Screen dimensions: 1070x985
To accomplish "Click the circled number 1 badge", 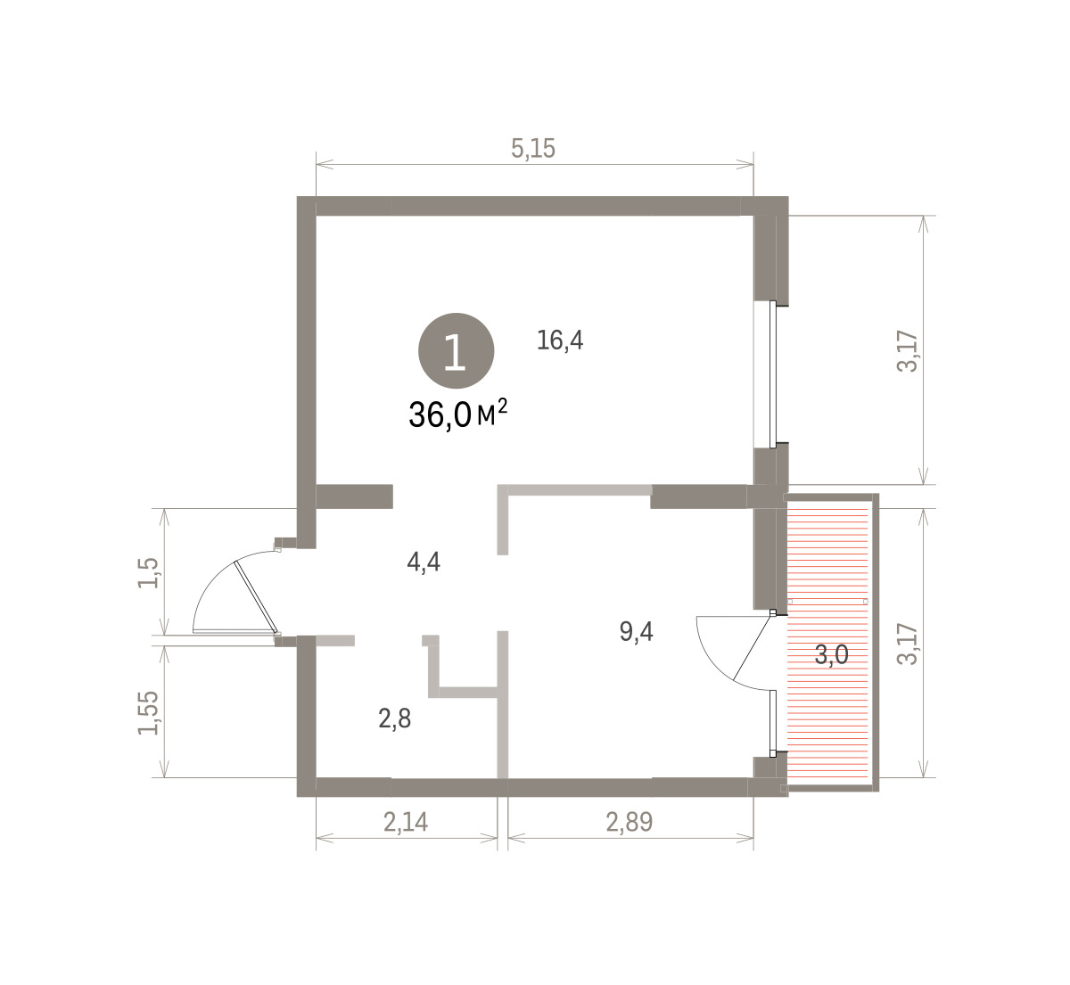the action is click(x=456, y=350).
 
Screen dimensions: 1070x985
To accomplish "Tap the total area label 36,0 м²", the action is click(x=457, y=414).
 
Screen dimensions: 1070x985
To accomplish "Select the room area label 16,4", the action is click(x=560, y=341).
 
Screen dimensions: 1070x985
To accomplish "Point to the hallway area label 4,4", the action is click(x=424, y=562).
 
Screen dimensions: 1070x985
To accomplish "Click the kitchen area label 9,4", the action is click(x=637, y=631).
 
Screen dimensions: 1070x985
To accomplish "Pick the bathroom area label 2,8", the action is click(x=395, y=718).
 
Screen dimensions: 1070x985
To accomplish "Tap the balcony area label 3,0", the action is click(x=832, y=654).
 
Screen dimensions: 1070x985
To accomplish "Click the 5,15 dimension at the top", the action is click(x=533, y=148).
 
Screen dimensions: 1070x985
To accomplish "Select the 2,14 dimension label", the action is click(x=406, y=822).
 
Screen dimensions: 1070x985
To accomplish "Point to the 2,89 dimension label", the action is click(x=630, y=822).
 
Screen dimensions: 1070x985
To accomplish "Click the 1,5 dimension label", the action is click(x=148, y=573).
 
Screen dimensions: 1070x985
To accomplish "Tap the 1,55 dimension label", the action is click(x=148, y=713).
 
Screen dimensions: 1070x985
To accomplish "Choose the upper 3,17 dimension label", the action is click(x=908, y=351).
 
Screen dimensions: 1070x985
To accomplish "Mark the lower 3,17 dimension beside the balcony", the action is click(x=908, y=644).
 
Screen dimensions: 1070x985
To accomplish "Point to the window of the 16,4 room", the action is click(x=773, y=373).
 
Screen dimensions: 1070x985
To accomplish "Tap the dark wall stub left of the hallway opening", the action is click(x=355, y=496).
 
